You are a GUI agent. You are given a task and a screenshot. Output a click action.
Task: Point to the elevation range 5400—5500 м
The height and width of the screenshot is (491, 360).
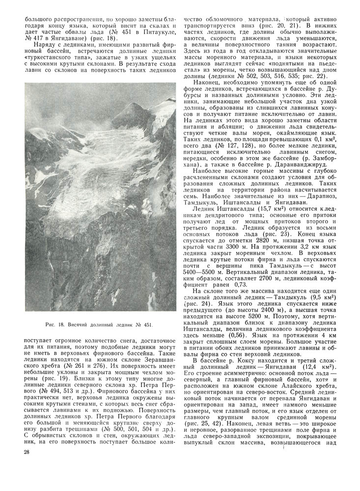click(201, 272)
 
